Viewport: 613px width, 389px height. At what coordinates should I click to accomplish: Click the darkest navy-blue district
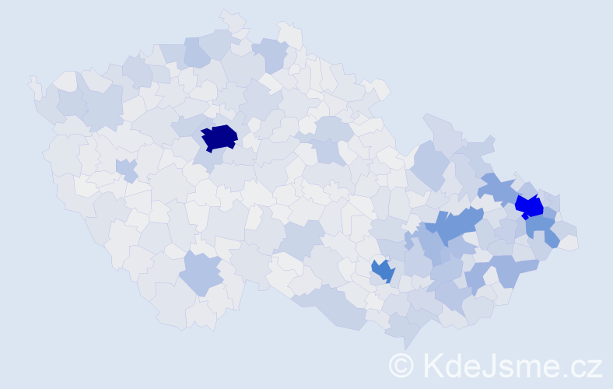(219, 138)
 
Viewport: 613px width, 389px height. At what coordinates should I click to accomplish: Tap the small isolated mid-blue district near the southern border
(382, 271)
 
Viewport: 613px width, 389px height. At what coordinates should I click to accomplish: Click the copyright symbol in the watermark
(401, 364)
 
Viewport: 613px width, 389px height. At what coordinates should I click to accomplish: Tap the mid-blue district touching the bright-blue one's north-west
(499, 187)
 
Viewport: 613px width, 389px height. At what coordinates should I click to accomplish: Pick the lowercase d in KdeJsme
(454, 364)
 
